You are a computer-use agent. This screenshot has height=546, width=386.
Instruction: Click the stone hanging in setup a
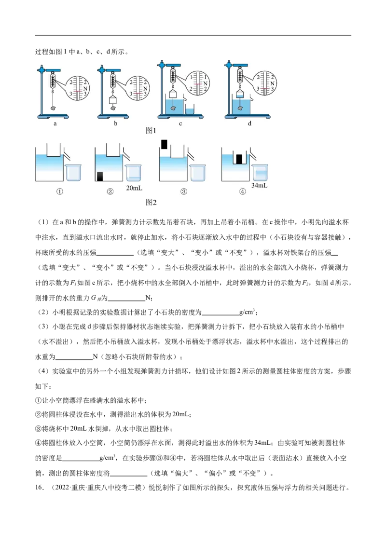(53, 109)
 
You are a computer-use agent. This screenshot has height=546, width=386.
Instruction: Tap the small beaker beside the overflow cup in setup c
(190, 109)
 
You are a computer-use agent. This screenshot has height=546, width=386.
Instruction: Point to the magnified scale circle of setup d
(264, 83)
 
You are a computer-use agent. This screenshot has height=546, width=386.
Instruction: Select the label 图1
(151, 130)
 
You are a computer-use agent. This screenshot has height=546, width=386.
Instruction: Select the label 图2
(151, 202)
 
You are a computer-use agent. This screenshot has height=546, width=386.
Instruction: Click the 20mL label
(134, 188)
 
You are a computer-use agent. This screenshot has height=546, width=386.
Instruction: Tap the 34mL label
(260, 185)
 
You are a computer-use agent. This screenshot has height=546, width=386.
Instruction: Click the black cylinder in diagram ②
(99, 176)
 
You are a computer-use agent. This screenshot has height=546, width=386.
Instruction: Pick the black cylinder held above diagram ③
(164, 145)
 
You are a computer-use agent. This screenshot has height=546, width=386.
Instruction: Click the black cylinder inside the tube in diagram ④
(239, 159)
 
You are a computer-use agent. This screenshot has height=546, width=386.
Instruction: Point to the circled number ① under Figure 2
(59, 191)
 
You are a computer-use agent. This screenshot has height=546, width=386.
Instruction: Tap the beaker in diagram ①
(73, 172)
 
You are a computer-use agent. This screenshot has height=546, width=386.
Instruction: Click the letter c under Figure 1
(180, 123)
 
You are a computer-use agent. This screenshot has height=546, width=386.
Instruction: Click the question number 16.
(40, 488)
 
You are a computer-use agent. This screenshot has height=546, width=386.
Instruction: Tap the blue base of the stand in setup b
(113, 116)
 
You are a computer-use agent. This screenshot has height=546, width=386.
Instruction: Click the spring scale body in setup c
(172, 75)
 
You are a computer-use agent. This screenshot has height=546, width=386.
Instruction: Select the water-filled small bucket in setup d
(240, 93)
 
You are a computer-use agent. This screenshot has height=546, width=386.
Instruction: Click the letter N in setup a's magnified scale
(85, 88)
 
